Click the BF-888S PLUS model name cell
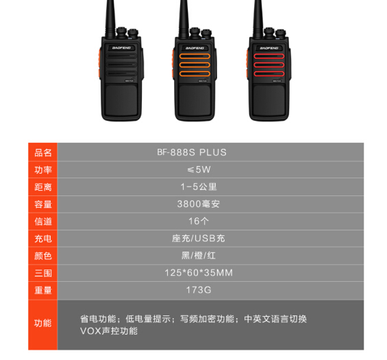coord(192,152)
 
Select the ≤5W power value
coord(199,169)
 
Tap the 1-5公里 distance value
coord(199,187)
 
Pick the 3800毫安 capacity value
coord(199,204)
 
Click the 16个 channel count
coord(199,221)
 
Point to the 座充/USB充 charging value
coord(199,239)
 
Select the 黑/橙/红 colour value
coord(199,256)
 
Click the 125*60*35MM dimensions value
coord(199,273)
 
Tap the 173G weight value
coord(199,290)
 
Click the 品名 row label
coord(43,153)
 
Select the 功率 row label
coord(43,170)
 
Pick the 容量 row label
coord(43,204)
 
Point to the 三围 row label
coord(43,273)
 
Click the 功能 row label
coord(43,323)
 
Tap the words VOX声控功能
coord(109,331)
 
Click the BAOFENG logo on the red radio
coord(269,48)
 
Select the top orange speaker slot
coord(195,56)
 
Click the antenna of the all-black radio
coord(110,19)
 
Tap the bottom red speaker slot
coord(269,73)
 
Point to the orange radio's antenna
coord(184,19)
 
